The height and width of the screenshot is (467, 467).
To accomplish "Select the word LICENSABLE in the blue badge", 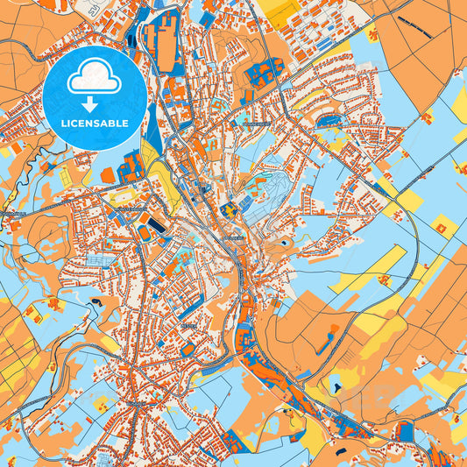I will pyautogui.click(x=96, y=124).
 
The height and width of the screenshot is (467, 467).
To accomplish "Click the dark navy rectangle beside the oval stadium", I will pyautogui.click(x=157, y=227).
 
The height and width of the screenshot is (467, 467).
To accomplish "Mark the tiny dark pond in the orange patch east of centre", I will pyautogui.click(x=287, y=240).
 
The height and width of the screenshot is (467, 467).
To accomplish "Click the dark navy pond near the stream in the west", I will pyautogui.click(x=94, y=302).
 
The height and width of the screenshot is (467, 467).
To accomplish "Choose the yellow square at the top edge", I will pyautogui.click(x=282, y=11).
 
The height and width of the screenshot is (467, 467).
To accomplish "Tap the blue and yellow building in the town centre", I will pyautogui.click(x=230, y=209).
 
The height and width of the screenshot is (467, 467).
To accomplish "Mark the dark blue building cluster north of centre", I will pyautogui.click(x=263, y=74).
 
